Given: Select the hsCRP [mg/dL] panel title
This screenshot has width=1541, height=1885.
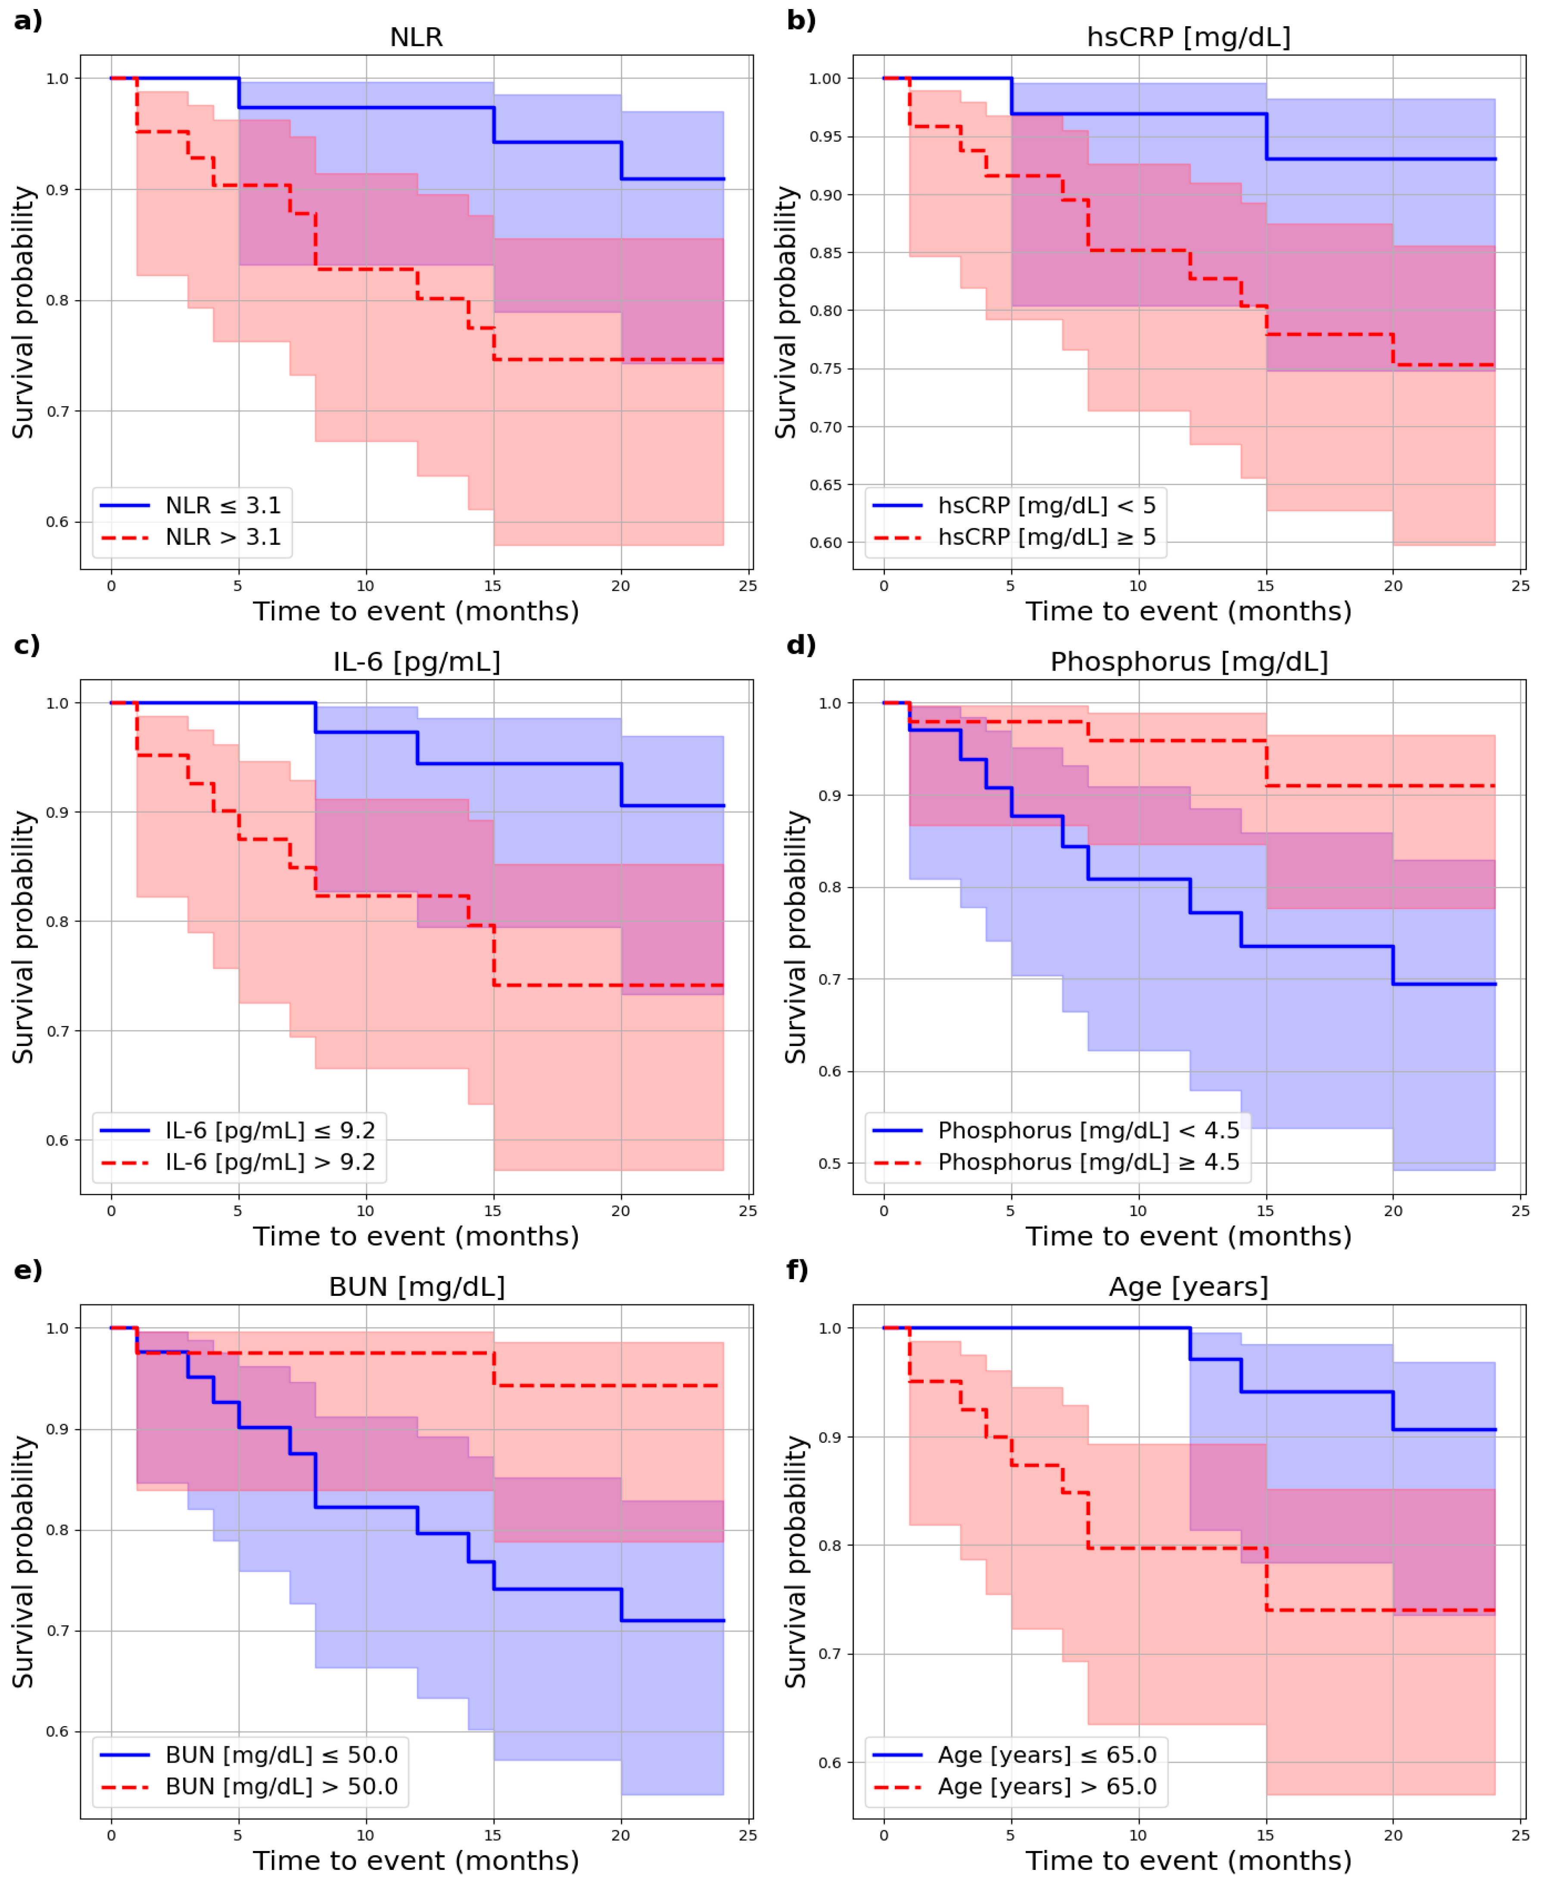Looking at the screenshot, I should tap(1189, 37).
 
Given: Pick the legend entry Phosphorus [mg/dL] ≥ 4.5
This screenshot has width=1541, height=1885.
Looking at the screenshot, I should tap(1088, 1162).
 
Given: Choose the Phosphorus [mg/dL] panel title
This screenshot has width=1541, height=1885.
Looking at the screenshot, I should tap(1189, 662).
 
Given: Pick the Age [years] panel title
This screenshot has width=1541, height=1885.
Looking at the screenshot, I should tap(1189, 1287).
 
